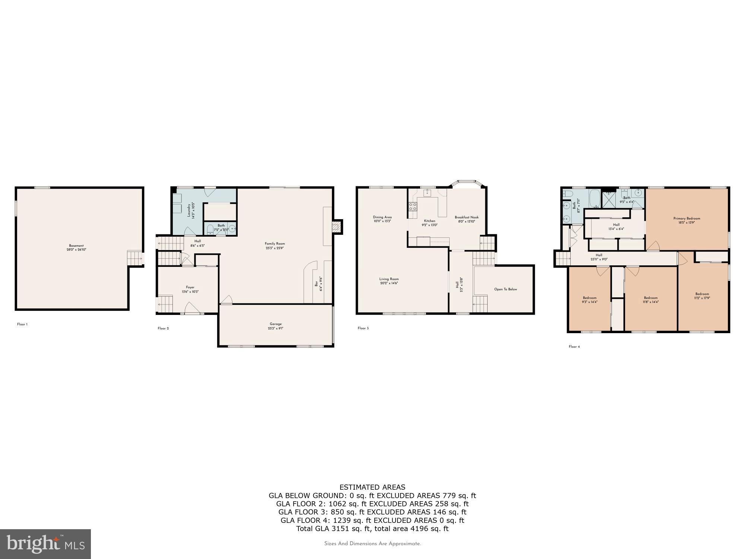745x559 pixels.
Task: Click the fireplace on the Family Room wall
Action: (x=336, y=227)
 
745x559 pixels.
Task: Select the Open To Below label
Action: (x=505, y=289)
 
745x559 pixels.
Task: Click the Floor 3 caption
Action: (x=363, y=328)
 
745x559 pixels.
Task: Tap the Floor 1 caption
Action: (x=22, y=324)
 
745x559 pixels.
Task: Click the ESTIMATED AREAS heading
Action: (x=372, y=487)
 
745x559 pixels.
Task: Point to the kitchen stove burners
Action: (x=413, y=206)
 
